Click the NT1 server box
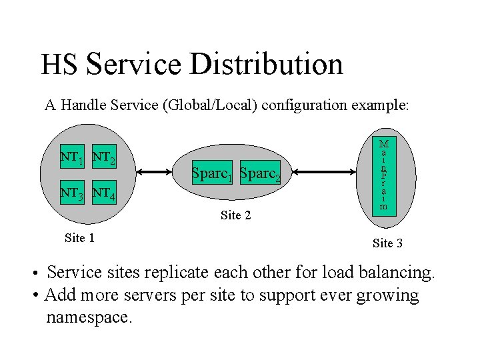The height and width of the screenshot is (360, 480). (x=72, y=158)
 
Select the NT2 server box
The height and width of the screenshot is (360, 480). (x=104, y=158)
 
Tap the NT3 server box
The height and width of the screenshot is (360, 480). (x=72, y=194)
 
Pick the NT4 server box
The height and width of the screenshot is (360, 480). (x=104, y=194)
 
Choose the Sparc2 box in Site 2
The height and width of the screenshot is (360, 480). (x=260, y=173)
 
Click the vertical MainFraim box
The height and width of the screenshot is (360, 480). (x=383, y=175)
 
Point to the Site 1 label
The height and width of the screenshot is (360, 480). (x=79, y=237)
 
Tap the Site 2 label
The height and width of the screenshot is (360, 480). (x=235, y=215)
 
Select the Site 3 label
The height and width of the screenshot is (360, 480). (x=387, y=243)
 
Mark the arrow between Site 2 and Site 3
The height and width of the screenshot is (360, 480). (x=326, y=173)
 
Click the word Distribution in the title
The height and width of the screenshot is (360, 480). (x=266, y=64)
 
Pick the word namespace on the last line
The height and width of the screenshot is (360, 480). (x=89, y=317)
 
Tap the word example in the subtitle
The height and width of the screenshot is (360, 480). (x=379, y=105)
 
